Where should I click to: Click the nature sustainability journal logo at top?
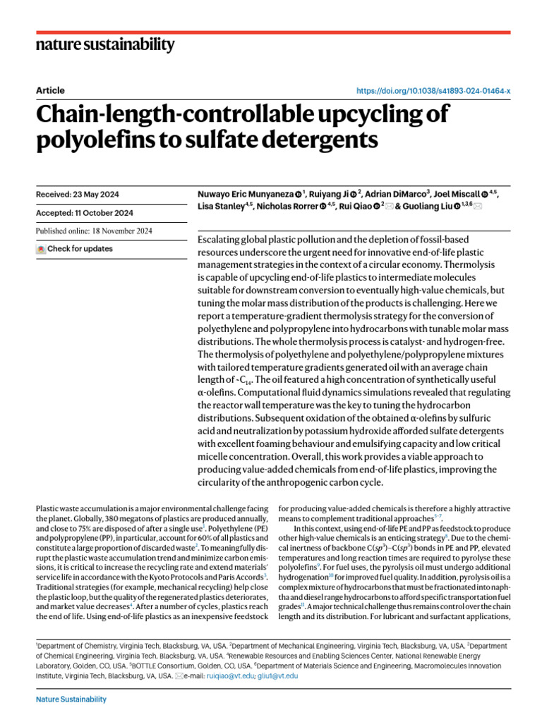104,45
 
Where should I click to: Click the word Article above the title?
49,90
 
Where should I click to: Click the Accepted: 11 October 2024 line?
84,212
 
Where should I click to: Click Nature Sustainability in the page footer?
71,699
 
